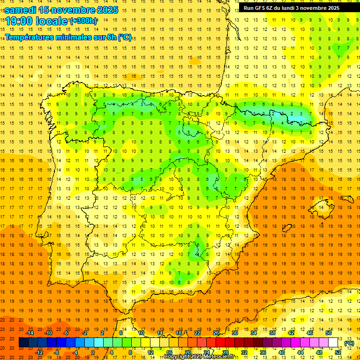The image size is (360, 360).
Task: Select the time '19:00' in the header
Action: [x=20, y=21]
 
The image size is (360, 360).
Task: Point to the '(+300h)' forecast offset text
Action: [x=83, y=21]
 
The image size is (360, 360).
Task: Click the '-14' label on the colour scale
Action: [x=30, y=333]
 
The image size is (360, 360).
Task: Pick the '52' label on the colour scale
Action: [x=338, y=352]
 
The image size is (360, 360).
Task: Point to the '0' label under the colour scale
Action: [x=93, y=352]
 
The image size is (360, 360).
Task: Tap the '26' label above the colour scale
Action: [x=216, y=333]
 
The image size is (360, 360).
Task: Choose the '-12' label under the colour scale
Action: [x=39, y=352]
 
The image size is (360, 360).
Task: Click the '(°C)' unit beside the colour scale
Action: [x=349, y=343]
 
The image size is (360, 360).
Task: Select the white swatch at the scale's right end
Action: [x=333, y=343]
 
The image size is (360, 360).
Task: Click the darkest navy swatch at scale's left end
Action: [x=23, y=343]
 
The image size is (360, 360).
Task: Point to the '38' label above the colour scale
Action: [x=272, y=333]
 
